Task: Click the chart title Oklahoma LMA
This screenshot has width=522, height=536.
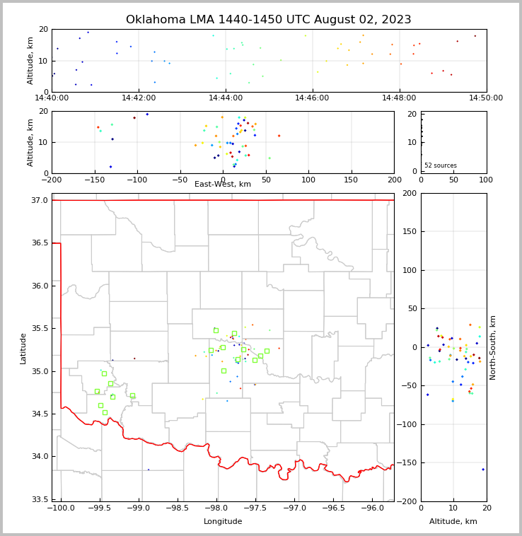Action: point(268,20)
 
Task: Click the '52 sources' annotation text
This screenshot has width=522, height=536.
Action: point(441,165)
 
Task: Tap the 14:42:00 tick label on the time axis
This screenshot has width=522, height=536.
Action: point(139,98)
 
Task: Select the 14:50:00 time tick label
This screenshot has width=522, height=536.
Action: point(485,98)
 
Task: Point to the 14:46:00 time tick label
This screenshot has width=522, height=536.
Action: point(312,98)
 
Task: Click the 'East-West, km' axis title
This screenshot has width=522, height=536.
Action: point(223,185)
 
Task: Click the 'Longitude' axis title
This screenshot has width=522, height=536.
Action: point(223,522)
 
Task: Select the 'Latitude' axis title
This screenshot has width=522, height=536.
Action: point(23,348)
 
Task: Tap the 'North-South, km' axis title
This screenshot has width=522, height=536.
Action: point(494,348)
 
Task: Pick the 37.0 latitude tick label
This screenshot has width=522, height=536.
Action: point(40,201)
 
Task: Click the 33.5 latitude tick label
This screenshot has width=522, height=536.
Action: point(40,499)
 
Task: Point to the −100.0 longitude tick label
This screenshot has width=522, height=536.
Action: point(60,508)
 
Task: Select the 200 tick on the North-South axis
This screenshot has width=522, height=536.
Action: point(409,193)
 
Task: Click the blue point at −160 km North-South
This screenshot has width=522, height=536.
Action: point(483,470)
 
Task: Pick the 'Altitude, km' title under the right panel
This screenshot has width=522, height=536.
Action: point(453,522)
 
